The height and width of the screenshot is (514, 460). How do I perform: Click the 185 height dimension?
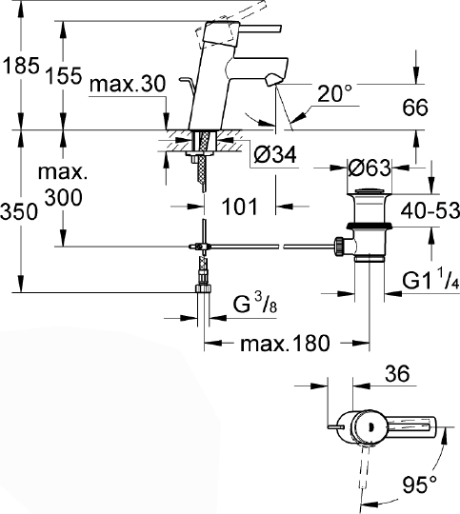point(20,66)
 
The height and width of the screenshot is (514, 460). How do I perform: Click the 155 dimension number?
point(63,76)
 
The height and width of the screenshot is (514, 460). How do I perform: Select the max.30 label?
point(128,85)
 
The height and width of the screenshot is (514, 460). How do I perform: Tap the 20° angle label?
point(334,93)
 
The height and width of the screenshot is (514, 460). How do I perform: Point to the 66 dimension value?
point(415,108)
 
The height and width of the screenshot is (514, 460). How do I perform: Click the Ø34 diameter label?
point(275,154)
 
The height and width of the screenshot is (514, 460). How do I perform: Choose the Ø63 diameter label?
point(370,168)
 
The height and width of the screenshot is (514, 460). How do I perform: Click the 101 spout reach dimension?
point(239,207)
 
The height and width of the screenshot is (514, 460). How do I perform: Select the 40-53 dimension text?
point(430,210)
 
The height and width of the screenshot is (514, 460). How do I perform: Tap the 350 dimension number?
point(19,211)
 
